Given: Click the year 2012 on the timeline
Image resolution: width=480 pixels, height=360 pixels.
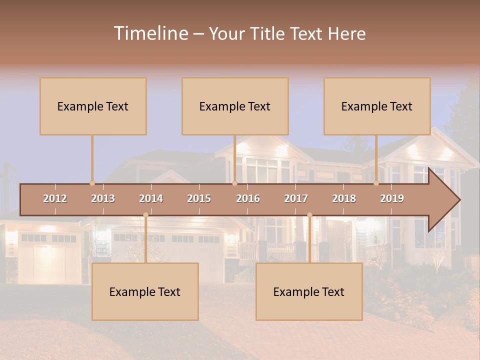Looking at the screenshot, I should coord(55,198).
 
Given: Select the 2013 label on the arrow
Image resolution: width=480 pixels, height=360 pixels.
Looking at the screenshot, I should coord(103,198).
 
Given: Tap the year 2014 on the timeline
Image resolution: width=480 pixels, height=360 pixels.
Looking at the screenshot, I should coord(151,198).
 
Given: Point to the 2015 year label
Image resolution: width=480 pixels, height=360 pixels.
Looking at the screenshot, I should coord(199,198).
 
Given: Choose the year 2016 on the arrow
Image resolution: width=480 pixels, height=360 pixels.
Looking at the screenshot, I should coord(248,198).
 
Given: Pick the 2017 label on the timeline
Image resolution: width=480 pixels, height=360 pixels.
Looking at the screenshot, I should coord(296,198).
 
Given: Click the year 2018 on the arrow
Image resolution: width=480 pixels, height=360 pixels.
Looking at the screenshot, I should coord(344,198).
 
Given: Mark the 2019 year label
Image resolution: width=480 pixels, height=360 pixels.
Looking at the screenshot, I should coord(392,198).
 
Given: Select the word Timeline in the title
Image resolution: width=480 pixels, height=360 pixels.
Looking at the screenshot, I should coord(150,33).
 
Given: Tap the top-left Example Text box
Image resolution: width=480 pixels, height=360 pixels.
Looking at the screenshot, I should coord(93,106).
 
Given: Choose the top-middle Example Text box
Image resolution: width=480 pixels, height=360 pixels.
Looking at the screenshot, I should coord(235,106).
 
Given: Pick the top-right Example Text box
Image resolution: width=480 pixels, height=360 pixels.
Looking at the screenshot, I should coord(377,106).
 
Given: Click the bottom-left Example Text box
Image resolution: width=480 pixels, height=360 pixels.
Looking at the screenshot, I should coord(145,291).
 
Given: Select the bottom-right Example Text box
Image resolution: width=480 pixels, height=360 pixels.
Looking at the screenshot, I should coord(309,291).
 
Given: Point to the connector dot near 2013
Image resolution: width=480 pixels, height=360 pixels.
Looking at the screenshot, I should coord(92,183).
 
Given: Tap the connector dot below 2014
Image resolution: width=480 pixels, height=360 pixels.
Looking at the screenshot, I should coord(145,215).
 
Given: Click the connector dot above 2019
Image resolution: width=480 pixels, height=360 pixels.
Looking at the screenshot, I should coord(376,183).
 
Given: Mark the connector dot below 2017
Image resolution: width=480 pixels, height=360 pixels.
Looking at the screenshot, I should coord(309,215).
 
